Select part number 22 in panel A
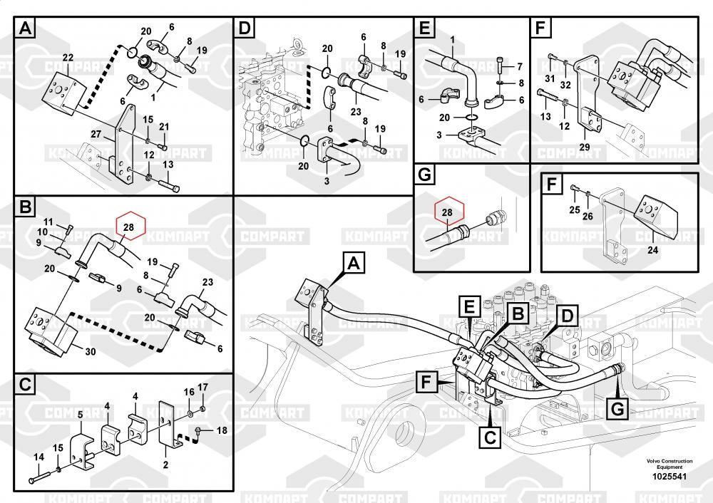point(68,57)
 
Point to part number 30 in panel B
point(90,351)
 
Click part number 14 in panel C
point(39,457)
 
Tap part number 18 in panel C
point(221,430)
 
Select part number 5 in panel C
point(80,414)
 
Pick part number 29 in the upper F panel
point(584,147)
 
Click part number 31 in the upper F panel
point(550,78)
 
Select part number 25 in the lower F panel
point(574,209)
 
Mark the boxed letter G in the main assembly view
point(617,410)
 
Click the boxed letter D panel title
point(245,28)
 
